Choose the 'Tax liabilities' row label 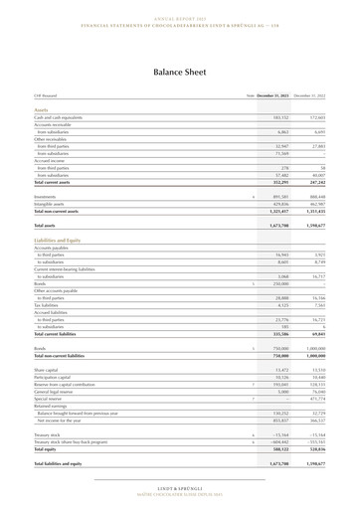point(48,306)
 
